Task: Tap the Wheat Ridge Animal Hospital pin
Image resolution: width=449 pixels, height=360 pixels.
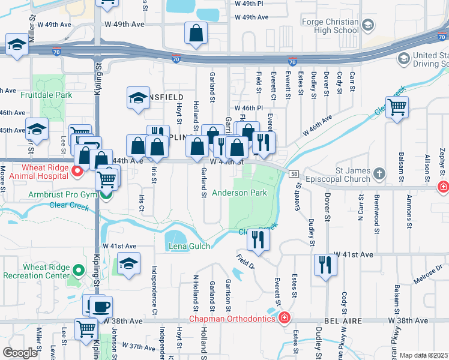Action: coord(77,172)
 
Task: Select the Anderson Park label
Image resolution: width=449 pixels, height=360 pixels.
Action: coord(240,193)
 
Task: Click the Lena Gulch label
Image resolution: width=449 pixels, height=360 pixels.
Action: coord(189,246)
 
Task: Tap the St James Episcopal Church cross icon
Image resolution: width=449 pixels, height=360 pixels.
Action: coord(378,175)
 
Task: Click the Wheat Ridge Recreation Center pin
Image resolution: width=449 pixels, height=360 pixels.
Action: coord(77,271)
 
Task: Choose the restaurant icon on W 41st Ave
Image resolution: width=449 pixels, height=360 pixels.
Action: coord(325,265)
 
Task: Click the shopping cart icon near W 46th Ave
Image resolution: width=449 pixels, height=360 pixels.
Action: coord(397,107)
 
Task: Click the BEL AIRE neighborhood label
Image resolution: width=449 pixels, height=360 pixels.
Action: coord(345,322)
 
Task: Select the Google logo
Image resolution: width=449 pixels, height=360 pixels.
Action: coord(20,353)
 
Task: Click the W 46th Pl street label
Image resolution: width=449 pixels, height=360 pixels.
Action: coord(252,108)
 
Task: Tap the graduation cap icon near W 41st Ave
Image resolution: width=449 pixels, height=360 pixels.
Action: coord(128,263)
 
